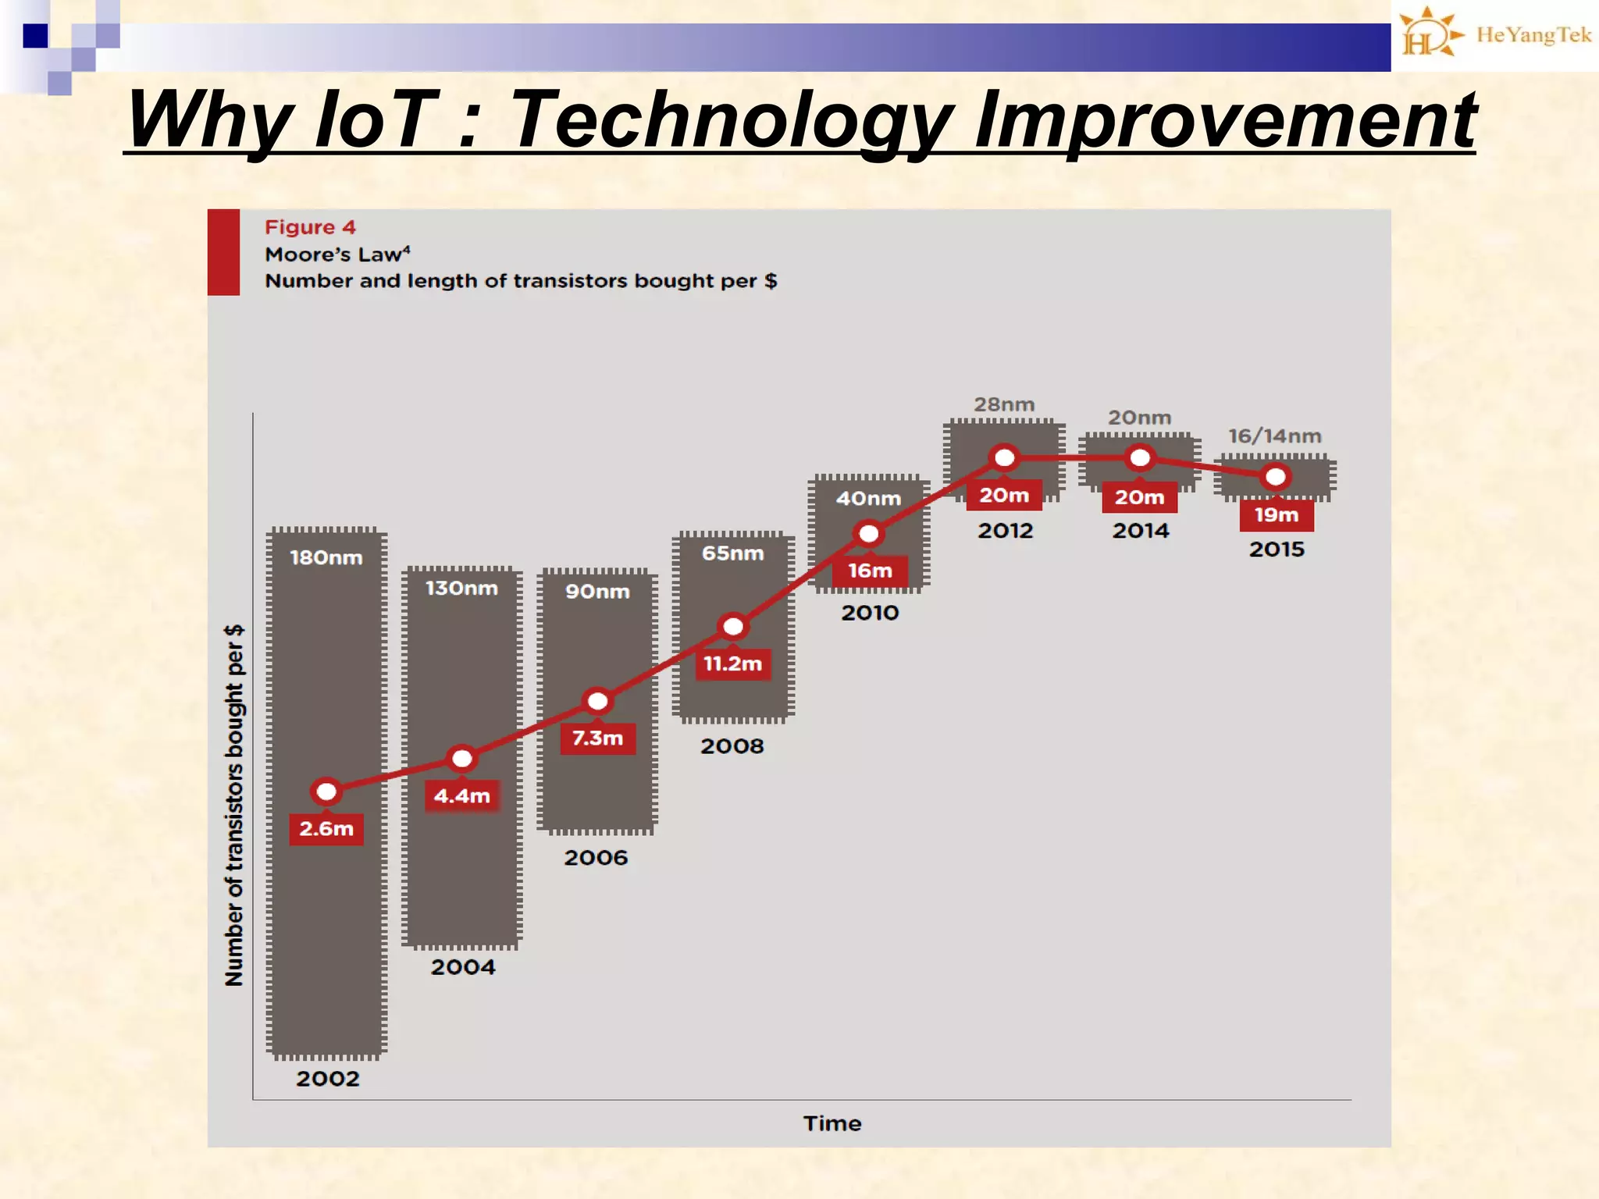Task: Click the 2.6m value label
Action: (x=326, y=828)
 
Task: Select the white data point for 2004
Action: (x=462, y=758)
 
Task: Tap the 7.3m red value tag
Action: (x=598, y=738)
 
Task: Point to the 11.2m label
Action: (x=732, y=664)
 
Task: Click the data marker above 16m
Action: (x=869, y=534)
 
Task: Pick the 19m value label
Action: (x=1277, y=515)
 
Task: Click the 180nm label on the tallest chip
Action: (x=326, y=557)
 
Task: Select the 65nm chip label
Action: (x=732, y=553)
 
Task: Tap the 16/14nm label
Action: (x=1275, y=436)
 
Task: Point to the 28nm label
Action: (x=1004, y=404)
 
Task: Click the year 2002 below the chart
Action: (x=328, y=1079)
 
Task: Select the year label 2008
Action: (x=732, y=746)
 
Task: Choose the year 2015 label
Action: (x=1277, y=550)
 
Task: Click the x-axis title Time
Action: (x=832, y=1123)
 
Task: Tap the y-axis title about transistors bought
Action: (x=234, y=804)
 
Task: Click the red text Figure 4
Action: (x=310, y=227)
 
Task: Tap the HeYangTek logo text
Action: (x=1533, y=35)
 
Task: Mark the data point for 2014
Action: (x=1140, y=458)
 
